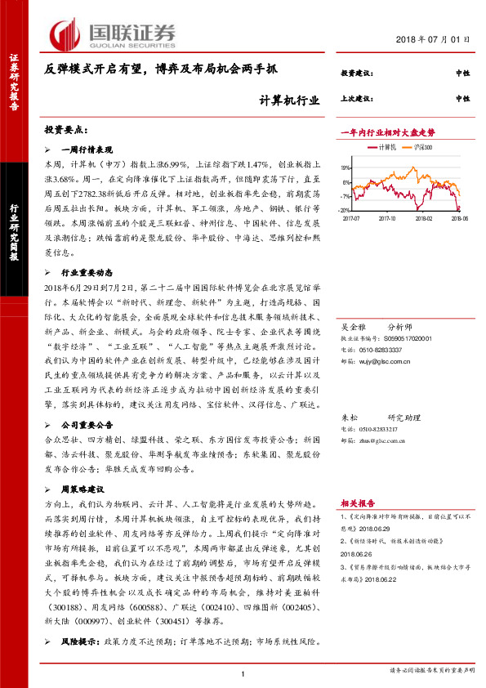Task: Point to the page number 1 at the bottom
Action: pos(243,672)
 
